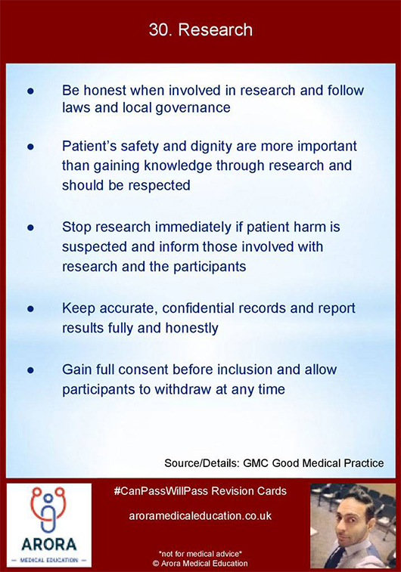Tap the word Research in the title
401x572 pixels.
[216, 30]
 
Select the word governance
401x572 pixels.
[193, 108]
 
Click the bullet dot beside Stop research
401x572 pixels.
[31, 227]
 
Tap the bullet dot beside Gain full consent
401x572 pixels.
[31, 370]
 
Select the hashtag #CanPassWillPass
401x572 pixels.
[161, 491]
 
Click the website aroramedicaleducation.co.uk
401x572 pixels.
[201, 516]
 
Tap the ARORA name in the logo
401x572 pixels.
[49, 544]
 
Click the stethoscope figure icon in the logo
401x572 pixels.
[48, 509]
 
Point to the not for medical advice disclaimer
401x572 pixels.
[201, 554]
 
